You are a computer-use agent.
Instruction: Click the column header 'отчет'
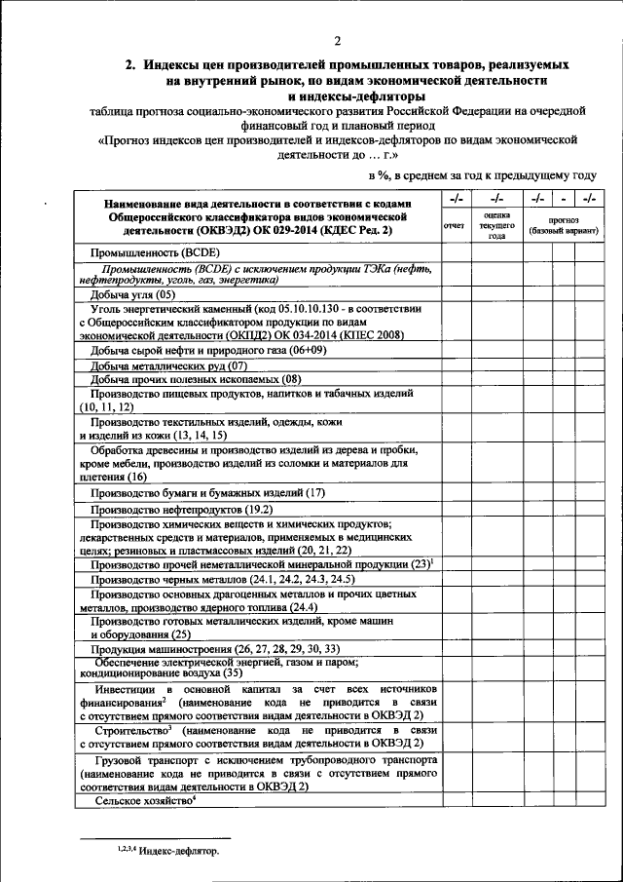click(454, 226)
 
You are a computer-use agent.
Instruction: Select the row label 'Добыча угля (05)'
click(133, 293)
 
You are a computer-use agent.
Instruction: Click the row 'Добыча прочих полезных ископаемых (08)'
click(196, 378)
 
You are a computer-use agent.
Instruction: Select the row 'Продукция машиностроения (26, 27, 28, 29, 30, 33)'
click(216, 649)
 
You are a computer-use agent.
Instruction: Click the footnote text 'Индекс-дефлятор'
click(179, 850)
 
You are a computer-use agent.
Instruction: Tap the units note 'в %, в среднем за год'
click(428, 174)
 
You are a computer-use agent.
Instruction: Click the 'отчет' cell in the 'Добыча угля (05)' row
click(454, 293)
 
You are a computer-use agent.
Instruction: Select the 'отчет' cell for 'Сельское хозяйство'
click(454, 800)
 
